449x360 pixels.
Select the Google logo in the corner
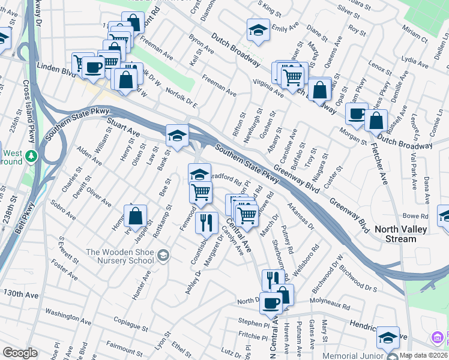(20, 353)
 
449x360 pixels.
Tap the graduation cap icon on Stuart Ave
(177, 136)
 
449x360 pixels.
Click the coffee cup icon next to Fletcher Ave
(357, 113)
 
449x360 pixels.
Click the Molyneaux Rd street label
(331, 303)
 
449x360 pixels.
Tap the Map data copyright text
(424, 355)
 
